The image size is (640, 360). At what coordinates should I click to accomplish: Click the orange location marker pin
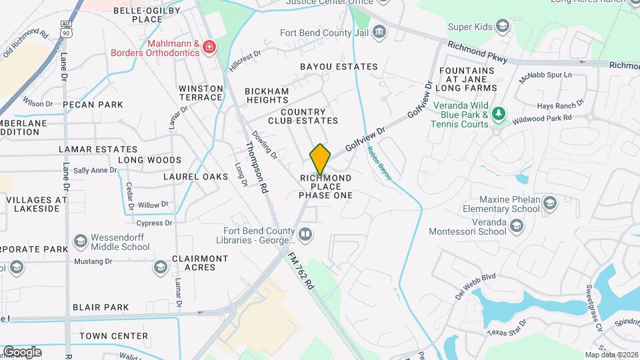pos(321,159)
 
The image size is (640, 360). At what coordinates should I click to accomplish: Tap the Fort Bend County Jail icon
pos(379,31)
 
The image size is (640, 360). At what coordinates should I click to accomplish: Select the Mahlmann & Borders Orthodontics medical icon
pos(209,47)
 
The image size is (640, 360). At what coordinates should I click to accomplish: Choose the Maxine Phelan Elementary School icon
pos(549,203)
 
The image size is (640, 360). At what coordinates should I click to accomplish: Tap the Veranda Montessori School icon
pos(517,227)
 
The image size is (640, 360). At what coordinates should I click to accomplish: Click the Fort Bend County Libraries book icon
pos(305,235)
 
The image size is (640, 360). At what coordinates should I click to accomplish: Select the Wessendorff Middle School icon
pos(81,241)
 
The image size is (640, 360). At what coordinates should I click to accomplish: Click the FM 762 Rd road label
pos(301,269)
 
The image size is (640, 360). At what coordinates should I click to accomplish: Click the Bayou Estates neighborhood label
pos(339,67)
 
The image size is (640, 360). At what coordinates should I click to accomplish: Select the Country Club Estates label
pos(303,116)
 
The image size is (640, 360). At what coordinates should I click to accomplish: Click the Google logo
pos(22,351)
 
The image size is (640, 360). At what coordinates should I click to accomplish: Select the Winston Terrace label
pos(200,93)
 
